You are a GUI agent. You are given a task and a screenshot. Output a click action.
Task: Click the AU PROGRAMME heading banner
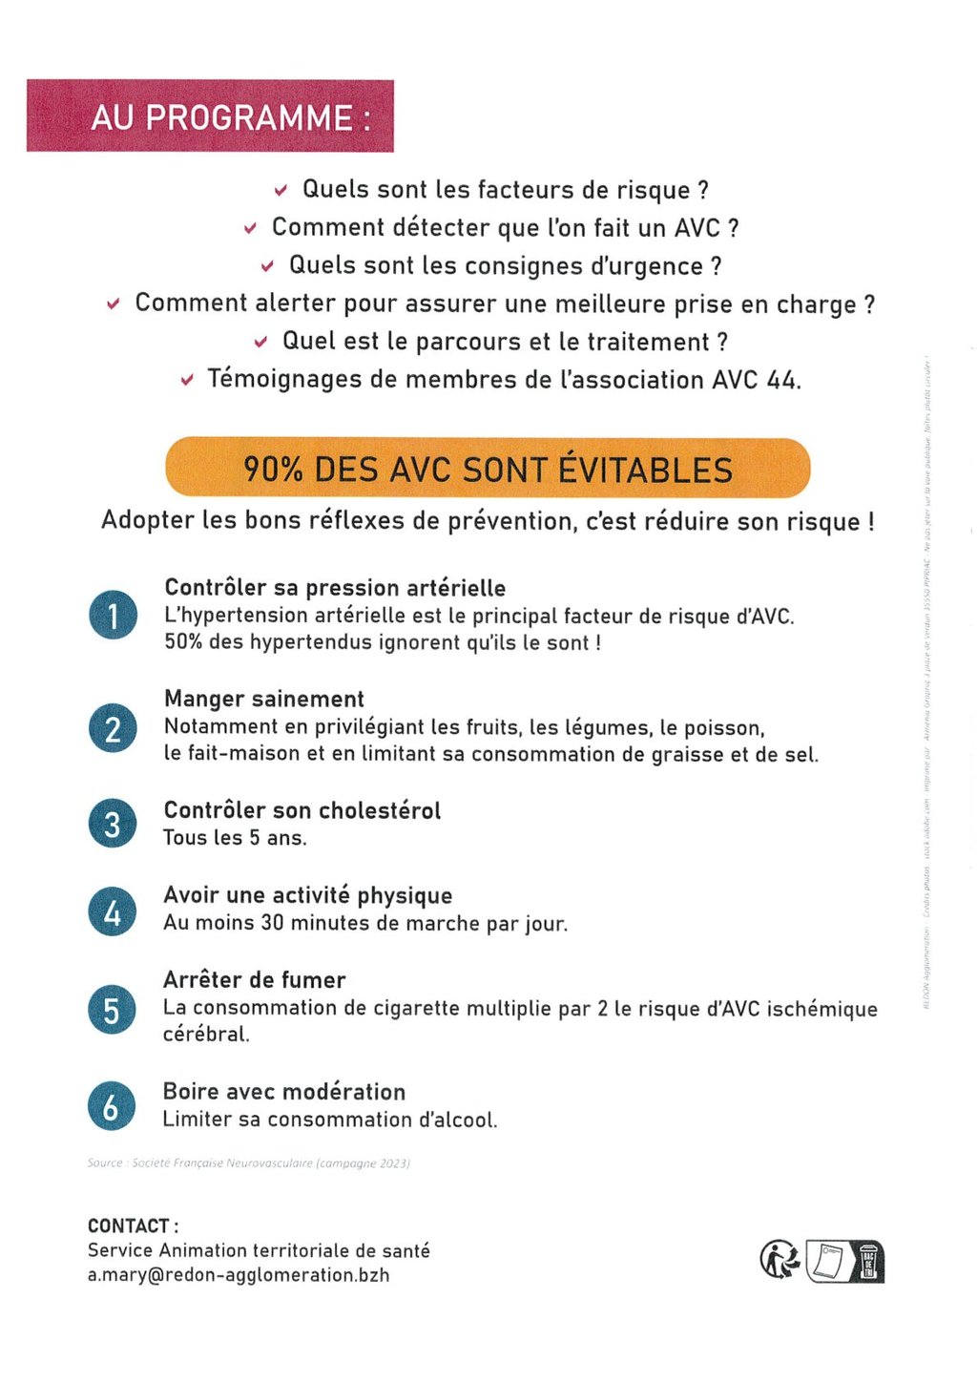[210, 116]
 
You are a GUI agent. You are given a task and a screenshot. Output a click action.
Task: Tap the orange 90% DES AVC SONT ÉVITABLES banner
[488, 469]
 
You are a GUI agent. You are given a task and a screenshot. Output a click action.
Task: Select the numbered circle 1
[113, 616]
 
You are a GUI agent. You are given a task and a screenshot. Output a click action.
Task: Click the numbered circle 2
[113, 728]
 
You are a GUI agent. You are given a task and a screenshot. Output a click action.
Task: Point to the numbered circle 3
[113, 824]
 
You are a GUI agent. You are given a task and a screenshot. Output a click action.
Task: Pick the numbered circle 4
[113, 911]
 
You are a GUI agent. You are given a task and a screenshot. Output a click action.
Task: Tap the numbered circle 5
[113, 1009]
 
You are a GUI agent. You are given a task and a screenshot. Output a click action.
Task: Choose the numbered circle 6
[112, 1106]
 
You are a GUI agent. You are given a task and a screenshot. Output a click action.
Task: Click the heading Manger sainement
[264, 700]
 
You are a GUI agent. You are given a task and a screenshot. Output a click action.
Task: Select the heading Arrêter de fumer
[255, 980]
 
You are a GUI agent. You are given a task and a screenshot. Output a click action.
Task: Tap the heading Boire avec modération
[284, 1092]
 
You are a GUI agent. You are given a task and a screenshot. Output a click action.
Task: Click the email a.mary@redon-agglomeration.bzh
[239, 1275]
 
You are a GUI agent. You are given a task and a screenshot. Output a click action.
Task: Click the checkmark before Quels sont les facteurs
[281, 191]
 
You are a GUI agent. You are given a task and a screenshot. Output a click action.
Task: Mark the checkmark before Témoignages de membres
[187, 381]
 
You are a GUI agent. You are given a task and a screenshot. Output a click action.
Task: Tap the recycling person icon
[780, 1260]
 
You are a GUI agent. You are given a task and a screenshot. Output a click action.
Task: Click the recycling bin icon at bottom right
[868, 1262]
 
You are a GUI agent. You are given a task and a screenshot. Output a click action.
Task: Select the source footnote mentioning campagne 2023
[249, 1163]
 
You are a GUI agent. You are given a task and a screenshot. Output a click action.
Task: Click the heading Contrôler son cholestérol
[302, 811]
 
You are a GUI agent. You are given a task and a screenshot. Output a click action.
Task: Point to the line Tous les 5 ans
[235, 838]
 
